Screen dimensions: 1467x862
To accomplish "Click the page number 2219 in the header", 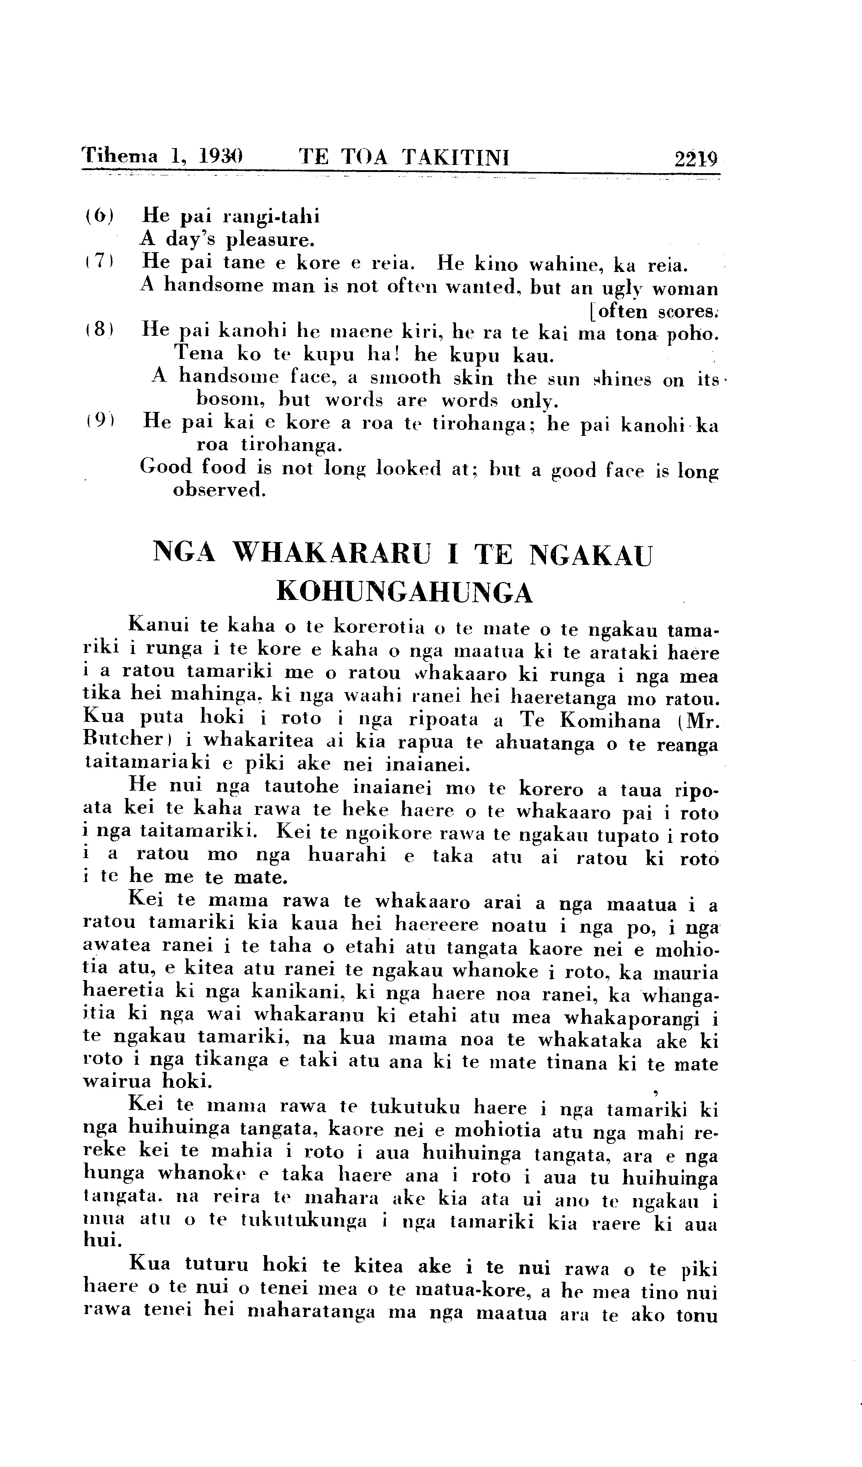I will point(696,158).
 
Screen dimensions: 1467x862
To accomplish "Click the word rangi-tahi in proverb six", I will point(271,216).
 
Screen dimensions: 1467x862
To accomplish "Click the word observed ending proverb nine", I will point(219,490).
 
